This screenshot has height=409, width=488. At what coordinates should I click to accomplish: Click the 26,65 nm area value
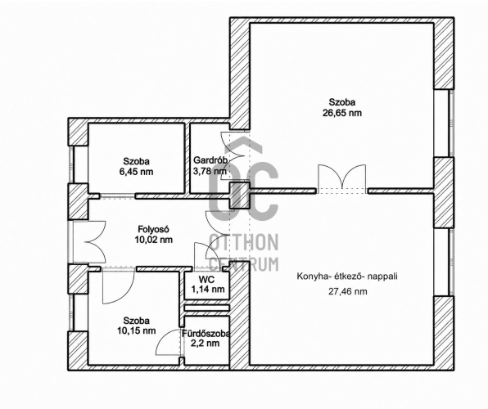pos(342,113)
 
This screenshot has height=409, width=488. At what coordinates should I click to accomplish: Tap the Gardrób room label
pos(210,160)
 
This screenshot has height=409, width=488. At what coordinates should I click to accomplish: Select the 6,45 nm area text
pos(136,172)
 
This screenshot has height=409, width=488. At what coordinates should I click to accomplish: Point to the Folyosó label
pos(153,229)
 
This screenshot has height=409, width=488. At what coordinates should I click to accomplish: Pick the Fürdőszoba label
pos(206,334)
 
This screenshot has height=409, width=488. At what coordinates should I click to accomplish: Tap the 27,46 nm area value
pos(347,291)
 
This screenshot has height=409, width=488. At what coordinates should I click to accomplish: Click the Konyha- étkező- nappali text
pos(347,276)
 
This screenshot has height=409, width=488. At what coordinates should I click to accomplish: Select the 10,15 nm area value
pos(136,330)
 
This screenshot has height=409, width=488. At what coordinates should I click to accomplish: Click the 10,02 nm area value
pos(153,240)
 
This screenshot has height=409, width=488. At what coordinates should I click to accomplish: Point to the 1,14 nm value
pos(208,290)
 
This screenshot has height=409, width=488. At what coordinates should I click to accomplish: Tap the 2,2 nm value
pos(206,344)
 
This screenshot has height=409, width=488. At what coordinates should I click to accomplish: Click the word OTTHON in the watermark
pos(244,242)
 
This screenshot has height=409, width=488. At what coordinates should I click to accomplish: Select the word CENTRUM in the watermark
pos(244,264)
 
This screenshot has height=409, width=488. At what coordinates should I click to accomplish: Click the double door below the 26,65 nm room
pos(342,179)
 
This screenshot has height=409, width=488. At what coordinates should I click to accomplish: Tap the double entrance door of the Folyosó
pos(89,241)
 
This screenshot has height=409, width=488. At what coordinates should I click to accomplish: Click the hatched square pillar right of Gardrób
pos(240,196)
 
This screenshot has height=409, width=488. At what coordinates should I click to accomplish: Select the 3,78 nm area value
pos(210,170)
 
